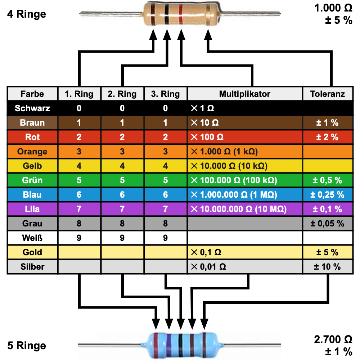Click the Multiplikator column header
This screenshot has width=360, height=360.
tap(244, 94)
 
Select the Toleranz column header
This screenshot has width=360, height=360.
tap(327, 94)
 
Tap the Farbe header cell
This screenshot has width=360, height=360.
tap(32, 94)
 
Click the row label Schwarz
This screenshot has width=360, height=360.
tap(32, 108)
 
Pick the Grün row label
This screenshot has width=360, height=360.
tap(32, 180)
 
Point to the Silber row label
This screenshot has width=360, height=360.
tap(32, 267)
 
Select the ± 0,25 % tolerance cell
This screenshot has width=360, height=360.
tap(327, 195)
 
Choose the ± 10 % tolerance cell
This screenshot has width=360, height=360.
tap(327, 267)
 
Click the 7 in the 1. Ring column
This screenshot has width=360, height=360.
tap(79, 209)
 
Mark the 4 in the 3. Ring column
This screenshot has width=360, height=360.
tap(165, 166)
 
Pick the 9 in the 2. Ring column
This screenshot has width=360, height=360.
tap(122, 238)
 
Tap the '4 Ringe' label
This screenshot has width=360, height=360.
tap(27, 14)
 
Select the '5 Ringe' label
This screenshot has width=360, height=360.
tap(27, 346)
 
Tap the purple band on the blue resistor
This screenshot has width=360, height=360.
tap(168, 345)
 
